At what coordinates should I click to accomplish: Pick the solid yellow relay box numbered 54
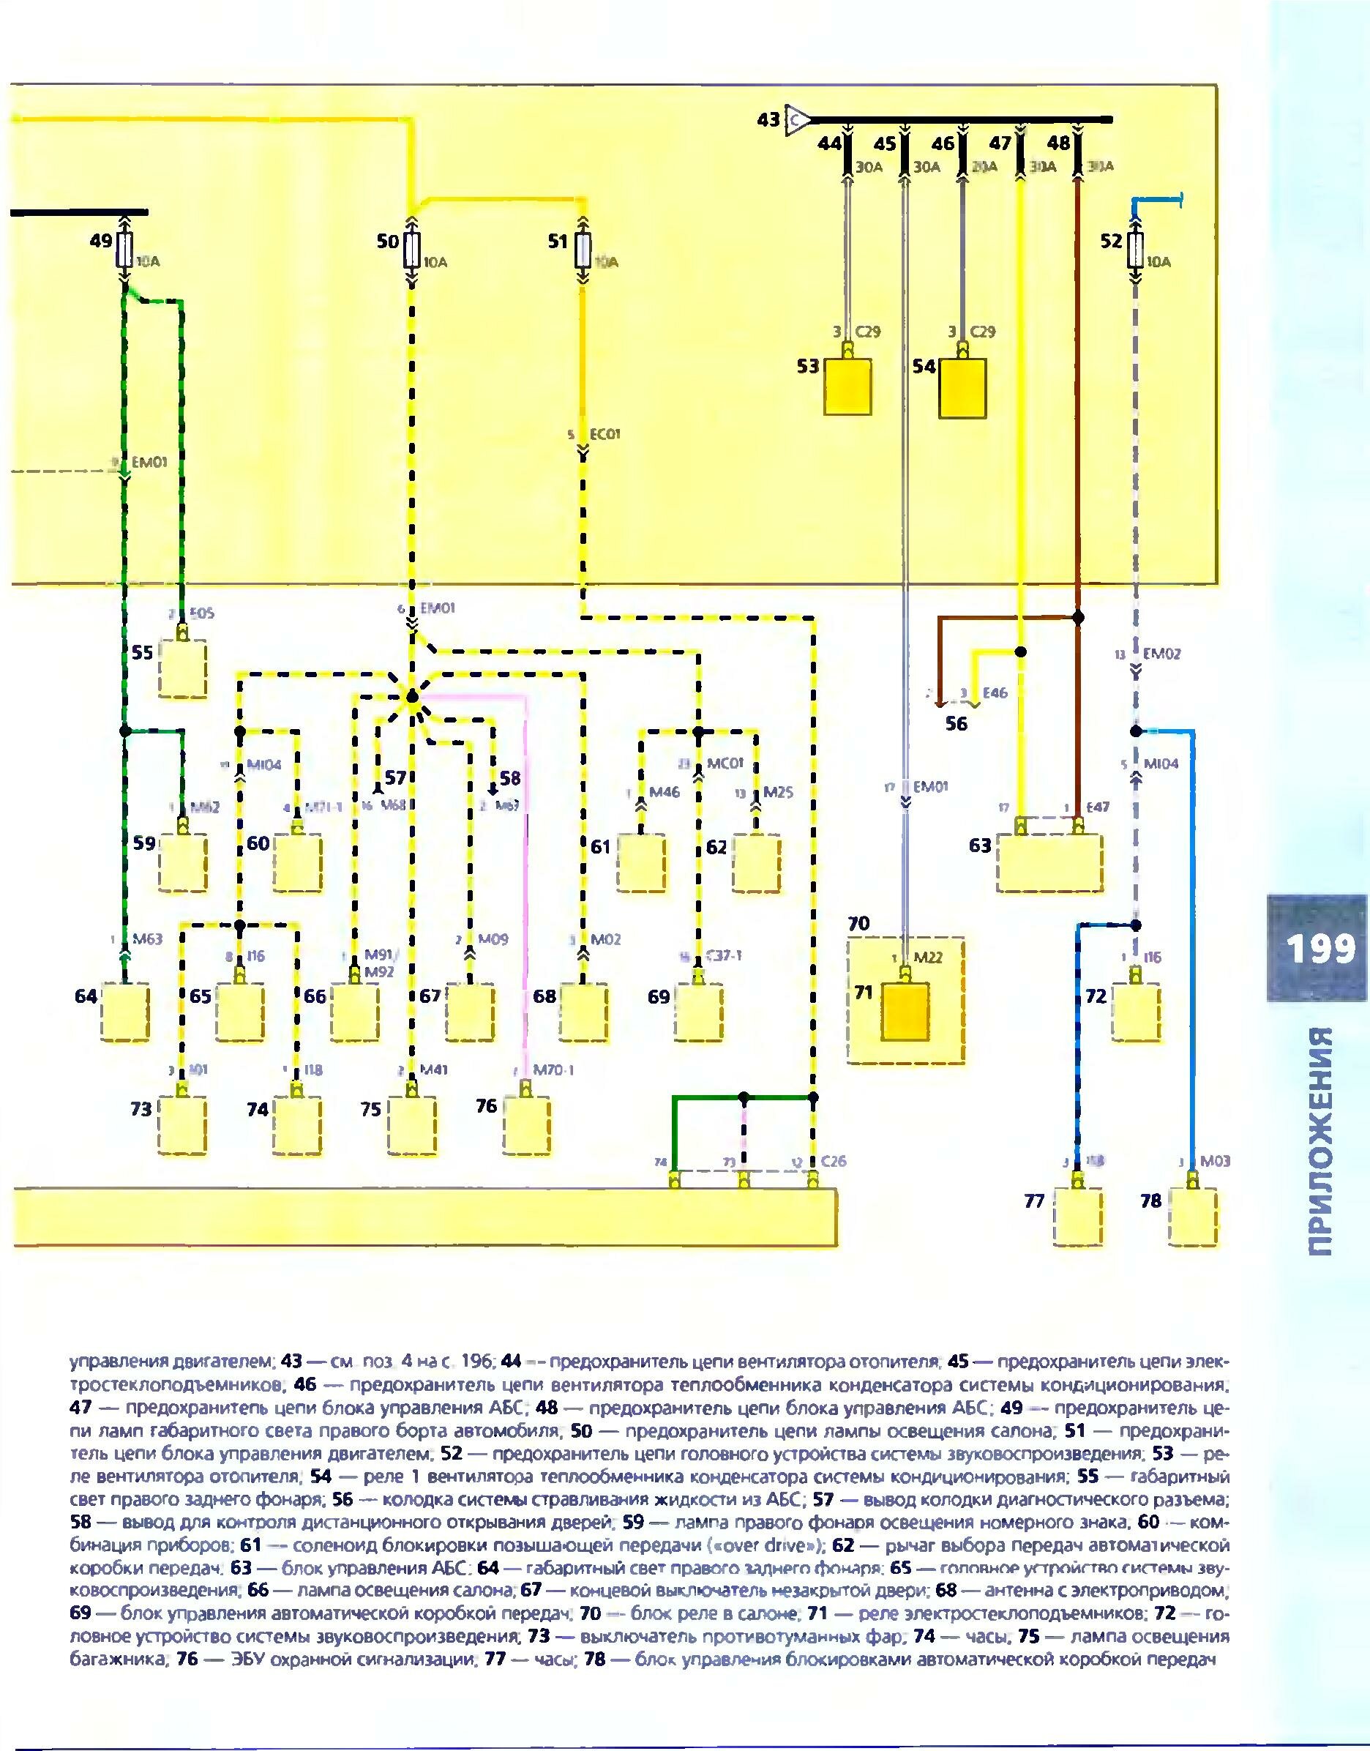pyautogui.click(x=962, y=388)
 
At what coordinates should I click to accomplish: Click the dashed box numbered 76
pyautogui.click(x=526, y=1126)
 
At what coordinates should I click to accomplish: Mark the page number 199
pyautogui.click(x=1320, y=949)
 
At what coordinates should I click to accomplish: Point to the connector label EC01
pyautogui.click(x=605, y=435)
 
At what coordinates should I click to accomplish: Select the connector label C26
pyautogui.click(x=834, y=1161)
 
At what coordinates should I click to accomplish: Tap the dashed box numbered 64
pyautogui.click(x=126, y=1012)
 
